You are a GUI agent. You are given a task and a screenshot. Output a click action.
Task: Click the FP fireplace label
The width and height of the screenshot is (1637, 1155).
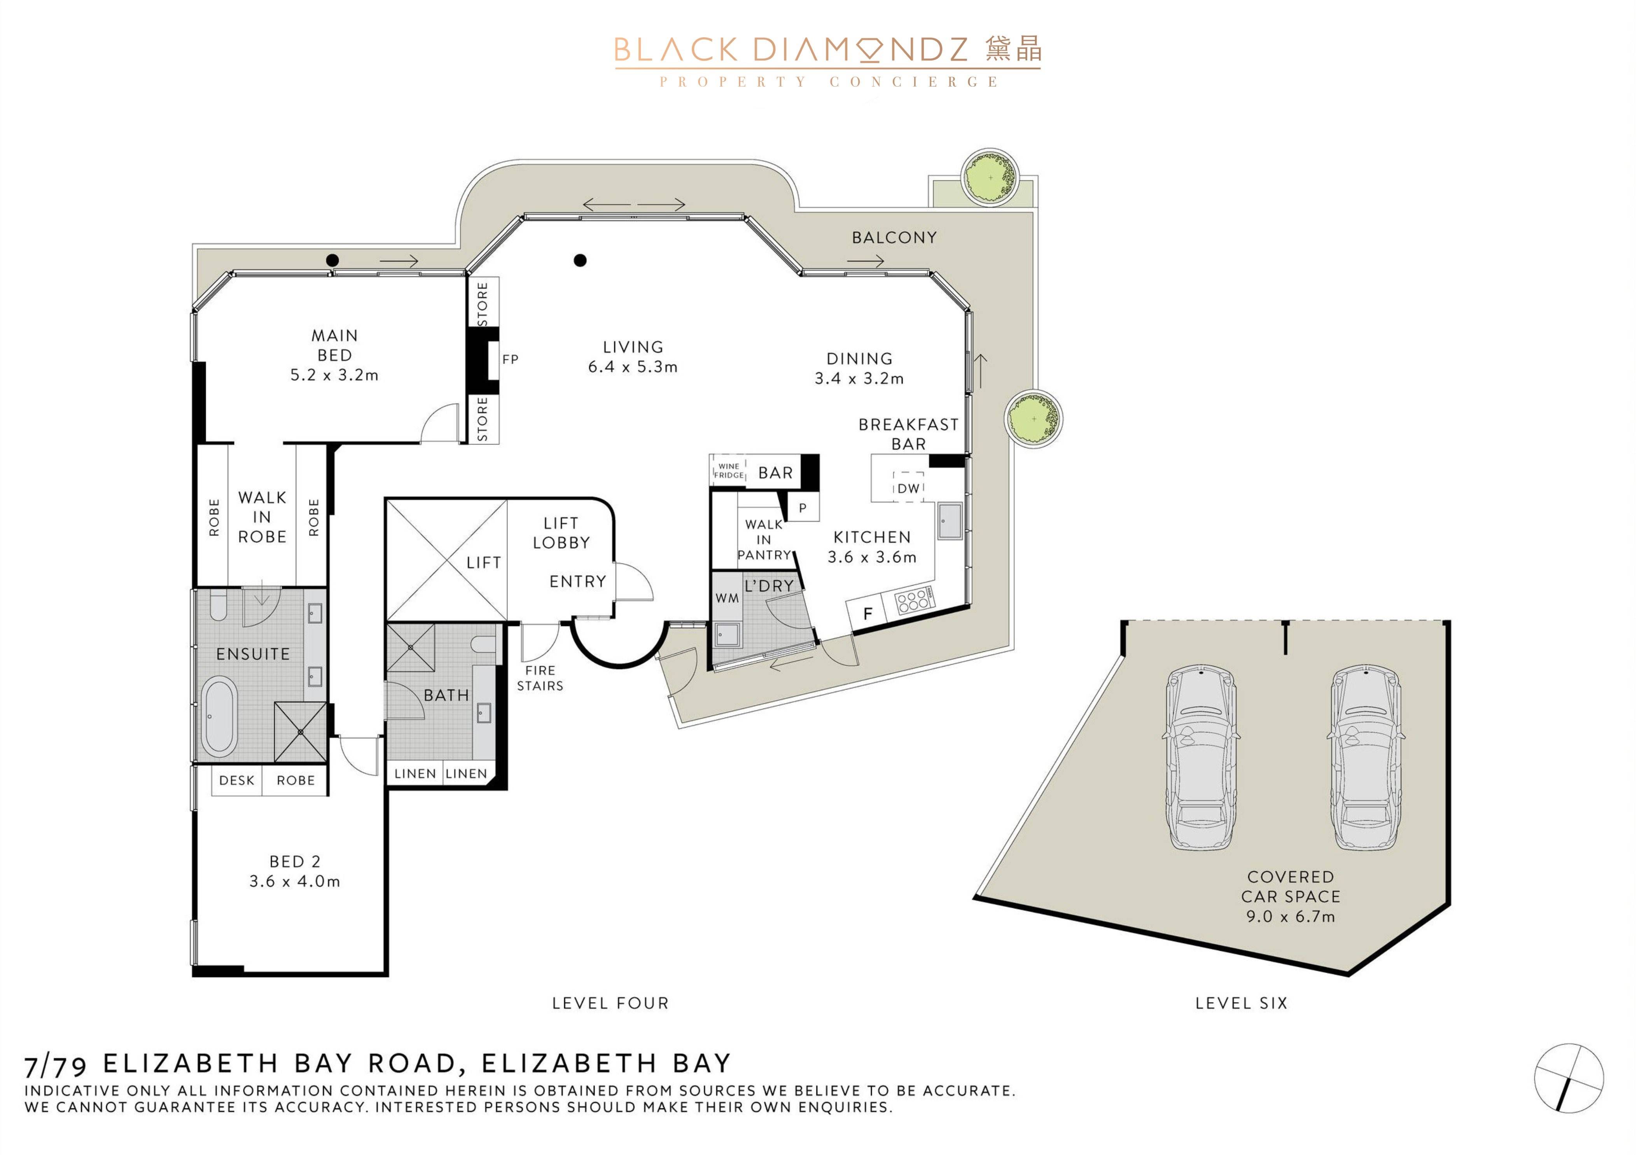pyautogui.click(x=510, y=359)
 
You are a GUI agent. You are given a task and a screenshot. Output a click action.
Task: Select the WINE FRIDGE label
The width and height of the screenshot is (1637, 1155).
pyautogui.click(x=729, y=471)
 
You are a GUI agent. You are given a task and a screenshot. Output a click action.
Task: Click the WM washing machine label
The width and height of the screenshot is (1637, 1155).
pyautogui.click(x=727, y=598)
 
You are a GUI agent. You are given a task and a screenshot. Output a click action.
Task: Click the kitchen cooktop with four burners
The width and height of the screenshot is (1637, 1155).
pyautogui.click(x=915, y=600)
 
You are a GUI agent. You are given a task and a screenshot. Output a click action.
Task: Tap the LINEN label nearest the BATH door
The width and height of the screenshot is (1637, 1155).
pyautogui.click(x=415, y=773)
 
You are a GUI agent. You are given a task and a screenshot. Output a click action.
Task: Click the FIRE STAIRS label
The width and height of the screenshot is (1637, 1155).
pyautogui.click(x=540, y=678)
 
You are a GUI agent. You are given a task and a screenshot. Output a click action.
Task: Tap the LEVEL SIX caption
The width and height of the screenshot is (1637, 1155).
pyautogui.click(x=1241, y=1003)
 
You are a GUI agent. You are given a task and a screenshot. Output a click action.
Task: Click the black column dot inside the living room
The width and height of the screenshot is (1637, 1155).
pyautogui.click(x=581, y=260)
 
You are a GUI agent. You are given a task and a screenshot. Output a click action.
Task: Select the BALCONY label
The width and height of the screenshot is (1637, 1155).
pyautogui.click(x=894, y=237)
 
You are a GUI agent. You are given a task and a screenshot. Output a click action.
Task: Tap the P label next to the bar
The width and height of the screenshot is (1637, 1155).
pyautogui.click(x=803, y=508)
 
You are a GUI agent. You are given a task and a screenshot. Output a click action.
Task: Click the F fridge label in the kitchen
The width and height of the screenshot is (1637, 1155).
pyautogui.click(x=868, y=614)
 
